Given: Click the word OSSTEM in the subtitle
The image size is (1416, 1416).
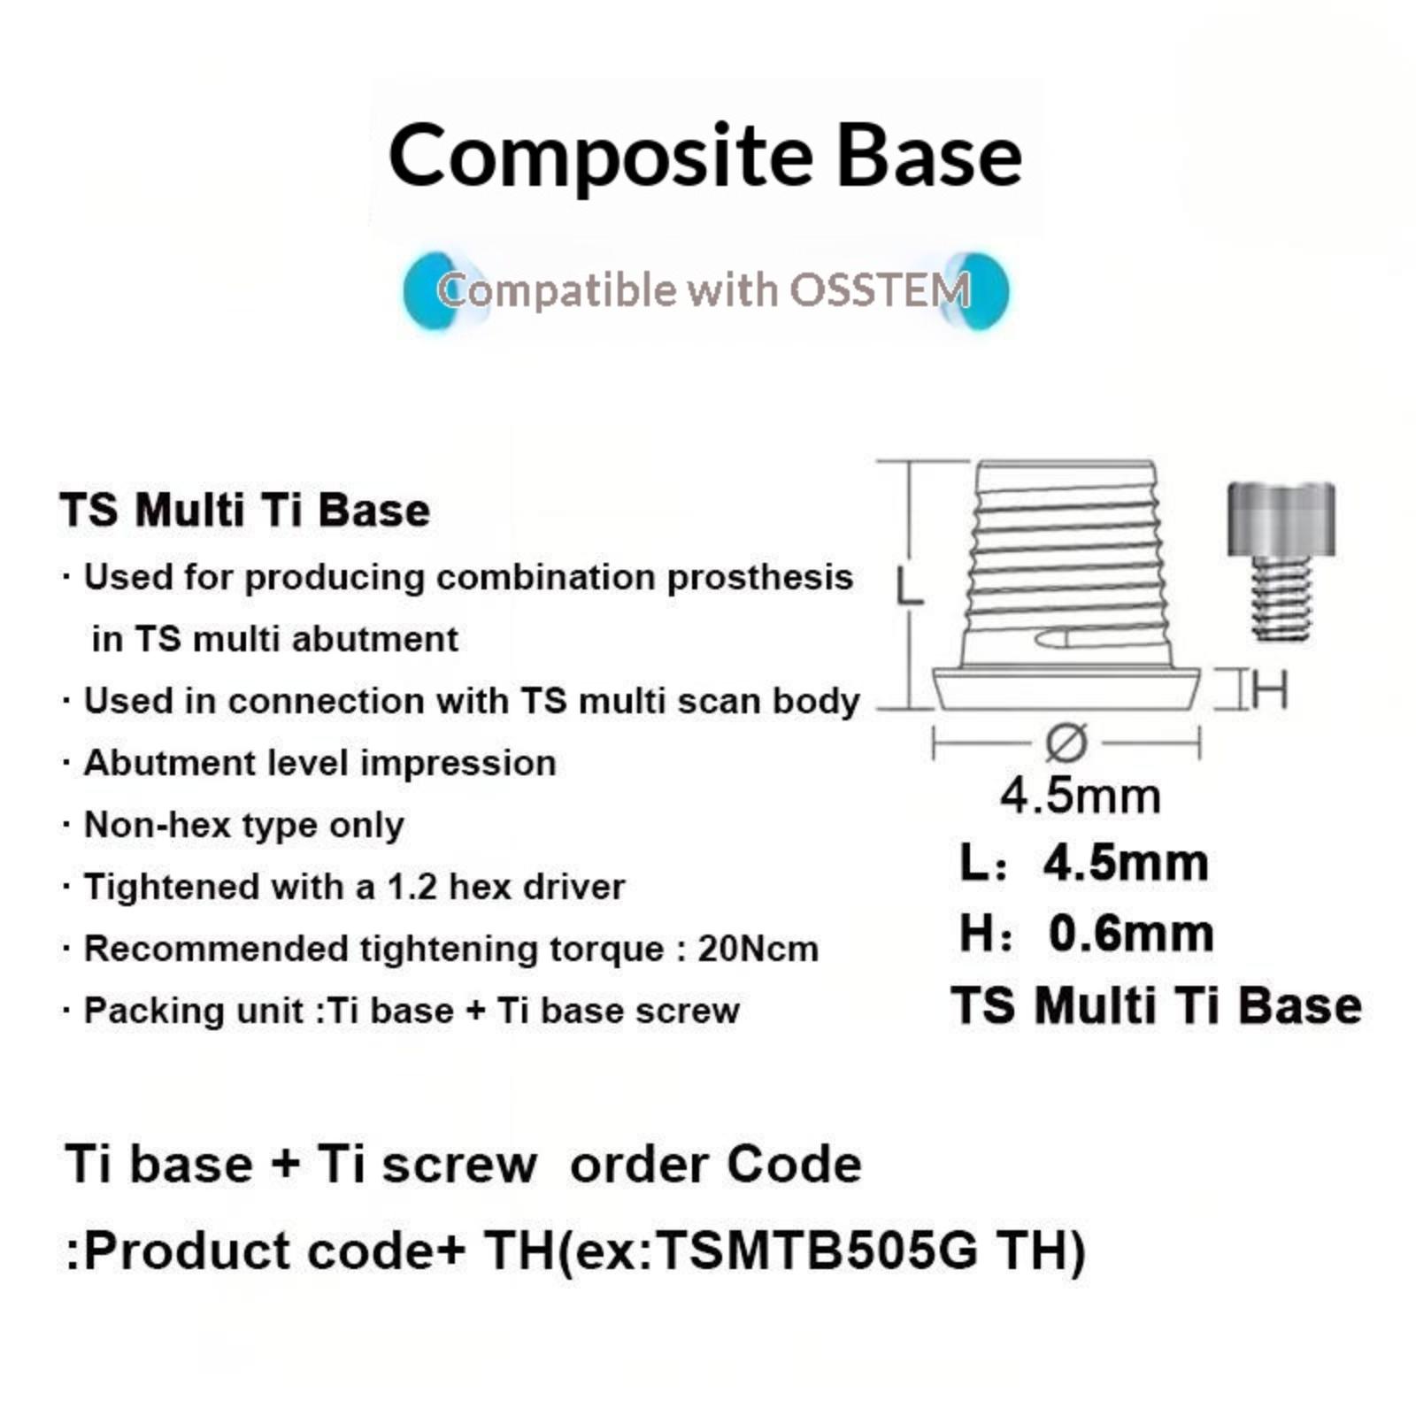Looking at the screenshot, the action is (x=881, y=289).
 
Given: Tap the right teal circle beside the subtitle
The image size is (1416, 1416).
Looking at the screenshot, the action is (x=978, y=291).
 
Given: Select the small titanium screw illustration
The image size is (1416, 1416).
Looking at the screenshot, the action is (x=1281, y=561).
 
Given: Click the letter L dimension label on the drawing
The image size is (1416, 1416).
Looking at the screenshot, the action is (x=909, y=587).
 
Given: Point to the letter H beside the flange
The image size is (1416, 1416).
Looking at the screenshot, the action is (x=1270, y=689).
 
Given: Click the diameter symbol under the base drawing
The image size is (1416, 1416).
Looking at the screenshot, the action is (x=1066, y=743).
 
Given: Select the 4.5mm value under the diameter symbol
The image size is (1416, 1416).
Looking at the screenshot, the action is (x=1081, y=796).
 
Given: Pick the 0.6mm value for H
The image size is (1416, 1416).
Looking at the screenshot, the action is (x=1131, y=934).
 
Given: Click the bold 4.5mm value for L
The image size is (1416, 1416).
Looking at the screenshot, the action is (x=1126, y=863).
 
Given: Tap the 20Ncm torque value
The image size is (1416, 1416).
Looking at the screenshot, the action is (x=758, y=949).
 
